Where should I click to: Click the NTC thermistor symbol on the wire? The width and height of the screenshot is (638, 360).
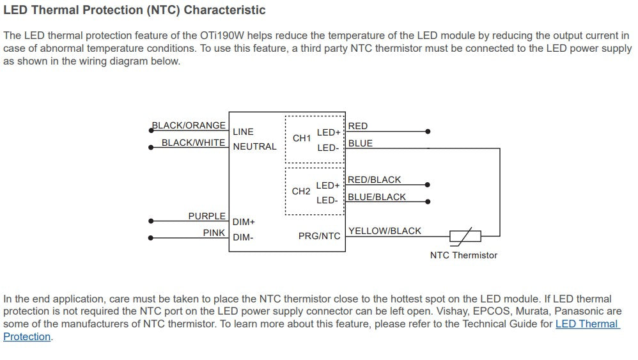[x=465, y=237]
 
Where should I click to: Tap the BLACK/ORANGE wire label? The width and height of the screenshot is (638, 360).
[x=189, y=125]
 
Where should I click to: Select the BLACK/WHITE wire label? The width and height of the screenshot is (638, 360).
[x=193, y=143]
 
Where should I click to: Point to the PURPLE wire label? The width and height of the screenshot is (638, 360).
[x=206, y=216]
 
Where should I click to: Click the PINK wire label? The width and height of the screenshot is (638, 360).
[x=214, y=233]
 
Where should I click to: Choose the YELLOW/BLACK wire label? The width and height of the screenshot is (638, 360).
[x=385, y=231]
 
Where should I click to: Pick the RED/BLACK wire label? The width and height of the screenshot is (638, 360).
[x=375, y=180]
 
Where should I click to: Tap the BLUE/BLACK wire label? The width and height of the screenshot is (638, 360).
[x=377, y=197]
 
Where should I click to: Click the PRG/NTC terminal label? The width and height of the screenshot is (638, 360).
[x=320, y=237]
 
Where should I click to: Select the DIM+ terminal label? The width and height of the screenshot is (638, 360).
[x=244, y=222]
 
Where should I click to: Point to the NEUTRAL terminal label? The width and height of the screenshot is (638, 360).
[x=254, y=146]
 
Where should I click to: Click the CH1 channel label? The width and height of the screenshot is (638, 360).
[x=302, y=138]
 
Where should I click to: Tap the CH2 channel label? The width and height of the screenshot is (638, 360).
[x=301, y=191]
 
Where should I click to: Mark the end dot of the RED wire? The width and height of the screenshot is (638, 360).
[x=428, y=131]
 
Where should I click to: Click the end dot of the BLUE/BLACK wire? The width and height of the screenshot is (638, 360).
[x=428, y=201]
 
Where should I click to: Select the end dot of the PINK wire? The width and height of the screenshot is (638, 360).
[x=151, y=238]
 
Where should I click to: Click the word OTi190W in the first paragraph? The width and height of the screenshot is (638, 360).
[x=222, y=35]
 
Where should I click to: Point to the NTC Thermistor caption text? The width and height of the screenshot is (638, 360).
[x=464, y=256]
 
